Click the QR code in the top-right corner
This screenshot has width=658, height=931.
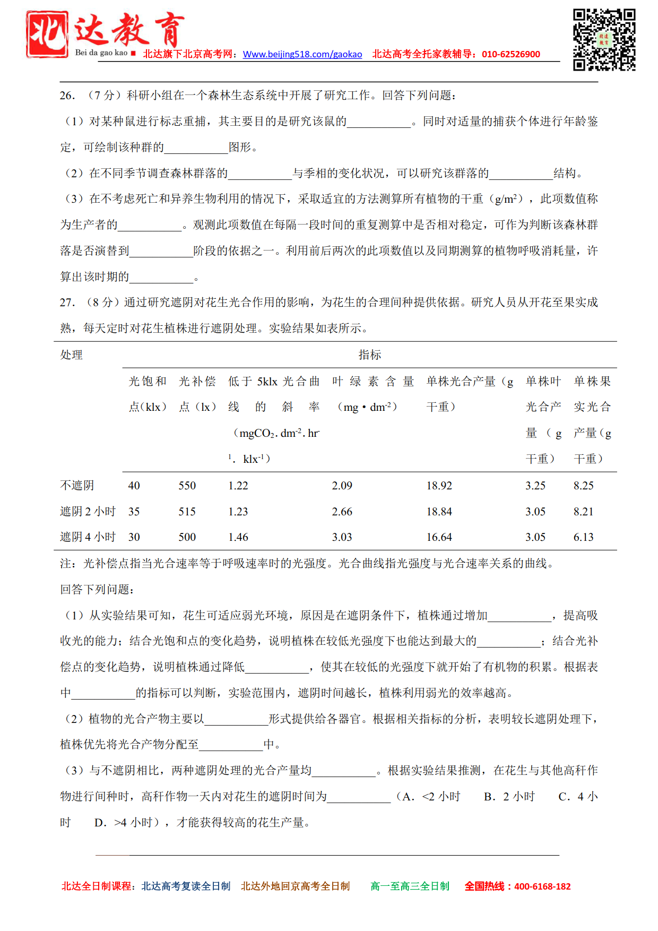(604, 39)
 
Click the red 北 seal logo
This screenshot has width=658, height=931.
(47, 34)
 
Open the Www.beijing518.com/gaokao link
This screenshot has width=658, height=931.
(302, 54)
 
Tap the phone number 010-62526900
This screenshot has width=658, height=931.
(511, 54)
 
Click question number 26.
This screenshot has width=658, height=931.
(67, 96)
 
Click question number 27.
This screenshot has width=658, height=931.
(67, 303)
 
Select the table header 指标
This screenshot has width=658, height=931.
(369, 355)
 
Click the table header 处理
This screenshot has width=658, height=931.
(71, 355)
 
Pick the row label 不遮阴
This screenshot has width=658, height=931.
(77, 485)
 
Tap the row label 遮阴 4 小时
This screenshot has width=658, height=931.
(88, 537)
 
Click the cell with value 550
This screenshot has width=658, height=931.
(187, 486)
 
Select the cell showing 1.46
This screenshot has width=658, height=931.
(238, 537)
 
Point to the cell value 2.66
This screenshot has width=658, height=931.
(342, 512)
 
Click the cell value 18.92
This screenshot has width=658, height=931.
(439, 486)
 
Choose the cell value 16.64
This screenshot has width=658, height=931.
(439, 537)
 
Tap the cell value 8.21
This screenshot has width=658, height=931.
(584, 512)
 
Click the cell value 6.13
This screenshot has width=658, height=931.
(584, 537)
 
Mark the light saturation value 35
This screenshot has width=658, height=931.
(134, 512)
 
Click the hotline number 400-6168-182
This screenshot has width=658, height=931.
(542, 886)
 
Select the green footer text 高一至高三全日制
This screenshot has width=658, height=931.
(410, 886)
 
